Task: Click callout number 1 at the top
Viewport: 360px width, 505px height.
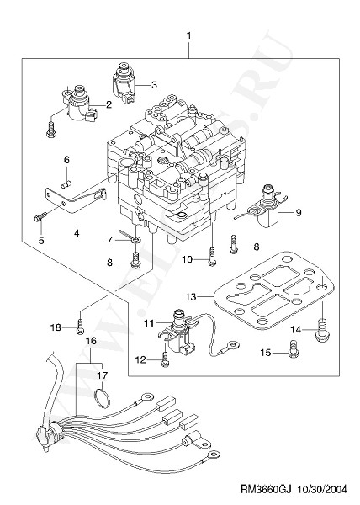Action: pyautogui.click(x=189, y=35)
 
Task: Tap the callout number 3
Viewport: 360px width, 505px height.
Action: pyautogui.click(x=154, y=85)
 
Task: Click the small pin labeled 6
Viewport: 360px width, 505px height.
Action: pyautogui.click(x=66, y=185)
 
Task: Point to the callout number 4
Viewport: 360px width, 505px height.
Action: pyautogui.click(x=77, y=232)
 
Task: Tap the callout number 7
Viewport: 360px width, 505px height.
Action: pyautogui.click(x=109, y=240)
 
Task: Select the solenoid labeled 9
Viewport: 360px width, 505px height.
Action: pyautogui.click(x=266, y=207)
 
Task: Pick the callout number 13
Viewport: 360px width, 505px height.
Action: pyautogui.click(x=191, y=296)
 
